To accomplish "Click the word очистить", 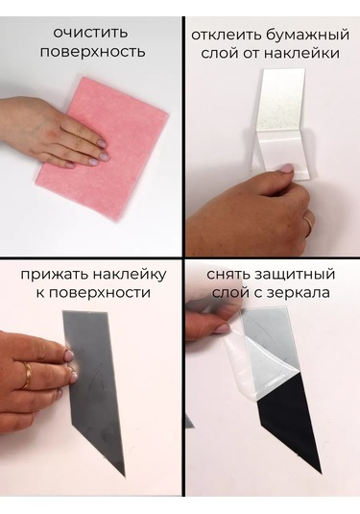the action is [90, 33].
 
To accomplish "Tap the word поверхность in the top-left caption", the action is [92, 53].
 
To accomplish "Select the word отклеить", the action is [225, 35].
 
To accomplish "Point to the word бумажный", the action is [306, 36].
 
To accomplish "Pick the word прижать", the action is [55, 275].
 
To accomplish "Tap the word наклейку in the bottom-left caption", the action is [130, 275].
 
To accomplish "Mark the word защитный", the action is [294, 275].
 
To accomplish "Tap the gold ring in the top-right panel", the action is [308, 224].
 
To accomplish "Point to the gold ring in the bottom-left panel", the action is [27, 375].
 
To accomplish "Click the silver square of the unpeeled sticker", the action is [280, 101].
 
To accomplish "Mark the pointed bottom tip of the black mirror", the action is [322, 472].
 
